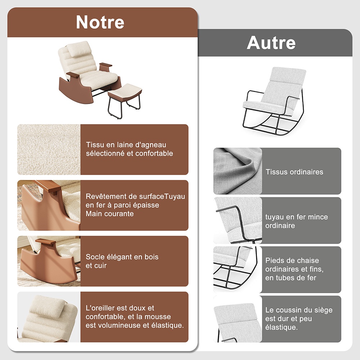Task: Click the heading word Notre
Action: (100, 22)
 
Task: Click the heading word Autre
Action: (271, 43)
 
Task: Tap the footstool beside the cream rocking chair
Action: (125, 100)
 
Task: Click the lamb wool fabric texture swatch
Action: (49, 149)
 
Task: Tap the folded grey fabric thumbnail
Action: (238, 171)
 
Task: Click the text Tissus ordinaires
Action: (294, 172)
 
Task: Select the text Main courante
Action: (110, 214)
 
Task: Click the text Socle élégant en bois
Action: (122, 257)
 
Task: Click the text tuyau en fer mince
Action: (296, 217)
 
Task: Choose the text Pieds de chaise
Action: (292, 260)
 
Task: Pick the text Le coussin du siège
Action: (299, 310)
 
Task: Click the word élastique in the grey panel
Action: (282, 327)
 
